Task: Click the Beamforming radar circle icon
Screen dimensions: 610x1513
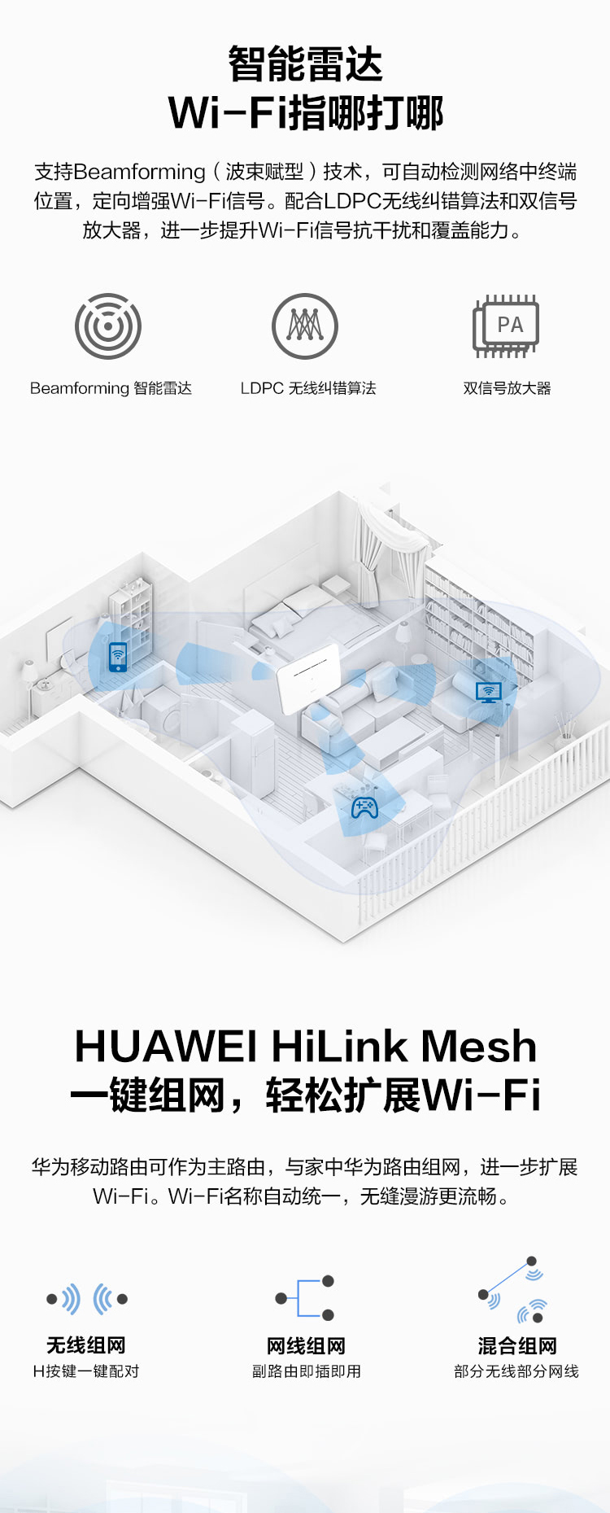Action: point(108,326)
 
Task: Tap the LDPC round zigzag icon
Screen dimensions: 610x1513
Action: point(305,326)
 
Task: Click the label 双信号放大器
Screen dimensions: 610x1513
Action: point(508,388)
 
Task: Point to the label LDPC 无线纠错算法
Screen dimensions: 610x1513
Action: point(308,388)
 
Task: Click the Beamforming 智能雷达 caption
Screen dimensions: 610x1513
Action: point(111,388)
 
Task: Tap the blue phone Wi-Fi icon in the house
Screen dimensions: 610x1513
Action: point(118,656)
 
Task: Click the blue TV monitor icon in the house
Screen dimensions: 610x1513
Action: point(489,692)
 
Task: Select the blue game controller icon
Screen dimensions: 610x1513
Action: point(364,808)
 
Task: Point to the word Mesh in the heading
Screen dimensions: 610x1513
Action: point(479,1046)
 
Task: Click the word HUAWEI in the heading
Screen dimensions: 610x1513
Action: point(166,1047)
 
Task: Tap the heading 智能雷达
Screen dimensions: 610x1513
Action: point(305,63)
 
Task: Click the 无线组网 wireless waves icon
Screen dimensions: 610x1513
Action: point(87,1299)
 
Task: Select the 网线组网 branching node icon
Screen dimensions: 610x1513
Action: point(305,1298)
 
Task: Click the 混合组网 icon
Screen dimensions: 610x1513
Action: point(512,1289)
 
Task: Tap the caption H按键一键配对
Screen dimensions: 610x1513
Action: point(86,1371)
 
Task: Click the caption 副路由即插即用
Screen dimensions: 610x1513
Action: point(307,1371)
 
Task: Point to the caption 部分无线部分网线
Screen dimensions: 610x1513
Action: point(516,1371)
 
